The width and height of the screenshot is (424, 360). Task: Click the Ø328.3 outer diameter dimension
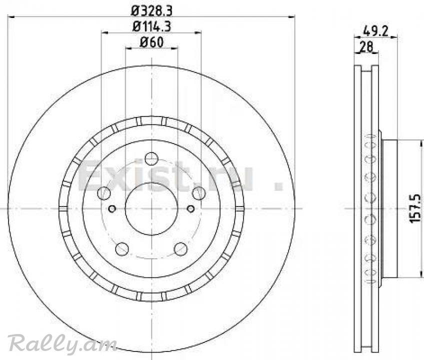point(151,11)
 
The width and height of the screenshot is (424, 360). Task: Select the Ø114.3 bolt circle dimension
point(151,26)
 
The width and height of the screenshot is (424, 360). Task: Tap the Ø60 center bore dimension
point(151,42)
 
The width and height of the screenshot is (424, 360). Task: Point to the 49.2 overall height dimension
point(375,31)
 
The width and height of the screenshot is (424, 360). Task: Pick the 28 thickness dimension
point(366,47)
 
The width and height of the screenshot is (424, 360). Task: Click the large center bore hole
point(151,208)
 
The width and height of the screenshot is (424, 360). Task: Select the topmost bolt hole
point(151,158)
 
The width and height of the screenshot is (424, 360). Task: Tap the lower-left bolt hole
point(122,249)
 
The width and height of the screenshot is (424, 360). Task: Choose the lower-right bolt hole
point(180,249)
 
